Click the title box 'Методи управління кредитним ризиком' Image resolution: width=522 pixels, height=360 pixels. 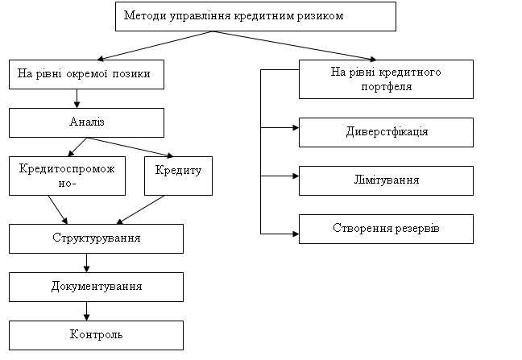[255, 16]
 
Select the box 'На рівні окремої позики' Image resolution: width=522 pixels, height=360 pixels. [86, 75]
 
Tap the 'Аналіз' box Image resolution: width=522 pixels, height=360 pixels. [86, 122]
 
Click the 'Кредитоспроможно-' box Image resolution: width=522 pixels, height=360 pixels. [67, 176]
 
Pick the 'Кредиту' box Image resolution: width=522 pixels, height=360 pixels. [179, 176]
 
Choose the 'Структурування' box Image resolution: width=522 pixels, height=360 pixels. [96, 239]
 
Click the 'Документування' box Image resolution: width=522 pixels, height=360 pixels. [96, 288]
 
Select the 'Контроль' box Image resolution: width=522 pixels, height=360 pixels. [96, 335]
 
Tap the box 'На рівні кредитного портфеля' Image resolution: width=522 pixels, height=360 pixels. [386, 79]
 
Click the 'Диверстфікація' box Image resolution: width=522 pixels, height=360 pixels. [386, 132]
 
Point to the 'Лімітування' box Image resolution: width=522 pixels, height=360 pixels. [386, 180]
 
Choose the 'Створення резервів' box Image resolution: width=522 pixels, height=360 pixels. [386, 230]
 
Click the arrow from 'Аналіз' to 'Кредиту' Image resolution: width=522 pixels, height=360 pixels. [130, 147]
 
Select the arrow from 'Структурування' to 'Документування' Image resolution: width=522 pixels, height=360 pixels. [86, 263]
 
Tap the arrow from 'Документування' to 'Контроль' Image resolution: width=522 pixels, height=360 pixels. [86, 311]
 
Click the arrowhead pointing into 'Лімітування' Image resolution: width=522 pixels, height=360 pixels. [296, 176]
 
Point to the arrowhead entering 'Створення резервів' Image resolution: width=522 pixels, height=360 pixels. [296, 234]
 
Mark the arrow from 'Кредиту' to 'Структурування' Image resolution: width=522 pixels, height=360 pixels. [140, 210]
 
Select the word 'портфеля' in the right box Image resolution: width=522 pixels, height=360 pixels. [386, 87]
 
